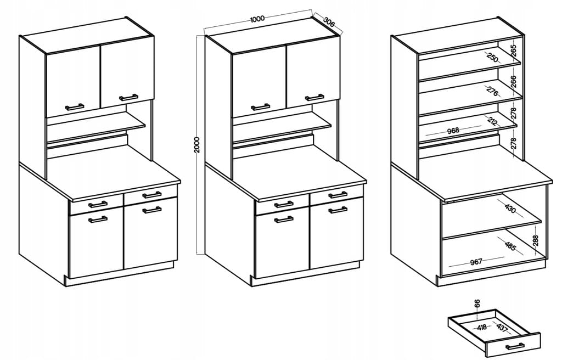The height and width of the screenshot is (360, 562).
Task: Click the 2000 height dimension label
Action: point(197,144)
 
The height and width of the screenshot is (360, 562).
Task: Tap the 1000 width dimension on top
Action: point(257,19)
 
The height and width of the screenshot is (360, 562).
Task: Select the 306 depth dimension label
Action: point(329,22)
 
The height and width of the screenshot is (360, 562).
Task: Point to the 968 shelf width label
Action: point(453,130)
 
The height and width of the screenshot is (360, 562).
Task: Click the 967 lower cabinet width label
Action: point(476,262)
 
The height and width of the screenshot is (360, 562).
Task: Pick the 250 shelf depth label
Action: point(492,58)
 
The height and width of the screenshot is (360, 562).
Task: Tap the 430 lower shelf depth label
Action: point(510,209)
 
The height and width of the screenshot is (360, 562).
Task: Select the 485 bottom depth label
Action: point(510,245)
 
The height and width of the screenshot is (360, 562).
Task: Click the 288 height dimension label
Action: point(535,240)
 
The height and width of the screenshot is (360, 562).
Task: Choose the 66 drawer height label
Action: point(477,303)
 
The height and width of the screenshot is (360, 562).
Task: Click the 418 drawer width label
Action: point(482,327)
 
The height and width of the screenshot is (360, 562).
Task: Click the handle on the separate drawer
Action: point(515,346)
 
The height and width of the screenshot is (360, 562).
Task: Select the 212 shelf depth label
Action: point(492,121)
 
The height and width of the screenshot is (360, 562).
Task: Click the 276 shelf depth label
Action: point(492,91)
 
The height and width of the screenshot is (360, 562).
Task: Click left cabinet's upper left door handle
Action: point(75,106)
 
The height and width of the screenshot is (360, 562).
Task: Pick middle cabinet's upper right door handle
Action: point(314,97)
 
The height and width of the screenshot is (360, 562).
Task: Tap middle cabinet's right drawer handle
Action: point(338,195)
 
